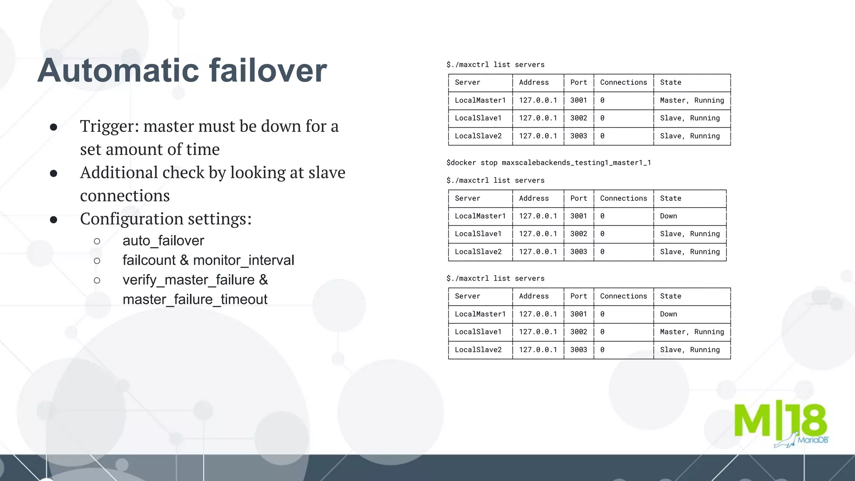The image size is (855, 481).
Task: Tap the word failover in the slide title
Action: click(268, 70)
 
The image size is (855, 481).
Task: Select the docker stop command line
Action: click(549, 162)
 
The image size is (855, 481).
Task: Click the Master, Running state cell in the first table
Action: click(692, 100)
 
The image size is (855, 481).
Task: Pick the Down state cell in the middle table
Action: click(668, 216)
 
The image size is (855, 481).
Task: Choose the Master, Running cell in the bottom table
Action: click(692, 332)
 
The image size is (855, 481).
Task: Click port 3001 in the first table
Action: click(579, 100)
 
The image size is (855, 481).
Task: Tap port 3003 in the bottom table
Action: click(579, 350)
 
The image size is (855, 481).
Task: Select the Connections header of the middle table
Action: click(623, 198)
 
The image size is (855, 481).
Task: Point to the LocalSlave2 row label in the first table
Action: click(478, 136)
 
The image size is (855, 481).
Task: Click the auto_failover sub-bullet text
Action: click(163, 240)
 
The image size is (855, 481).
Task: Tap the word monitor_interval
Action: click(243, 260)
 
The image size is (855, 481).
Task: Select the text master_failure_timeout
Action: click(195, 299)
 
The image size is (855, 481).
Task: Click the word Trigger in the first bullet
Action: click(109, 126)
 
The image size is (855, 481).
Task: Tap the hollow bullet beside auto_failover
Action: click(97, 241)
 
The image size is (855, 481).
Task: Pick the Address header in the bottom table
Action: click(534, 296)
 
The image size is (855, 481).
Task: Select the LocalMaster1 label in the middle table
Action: click(480, 216)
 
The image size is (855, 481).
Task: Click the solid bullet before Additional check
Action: click(53, 173)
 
